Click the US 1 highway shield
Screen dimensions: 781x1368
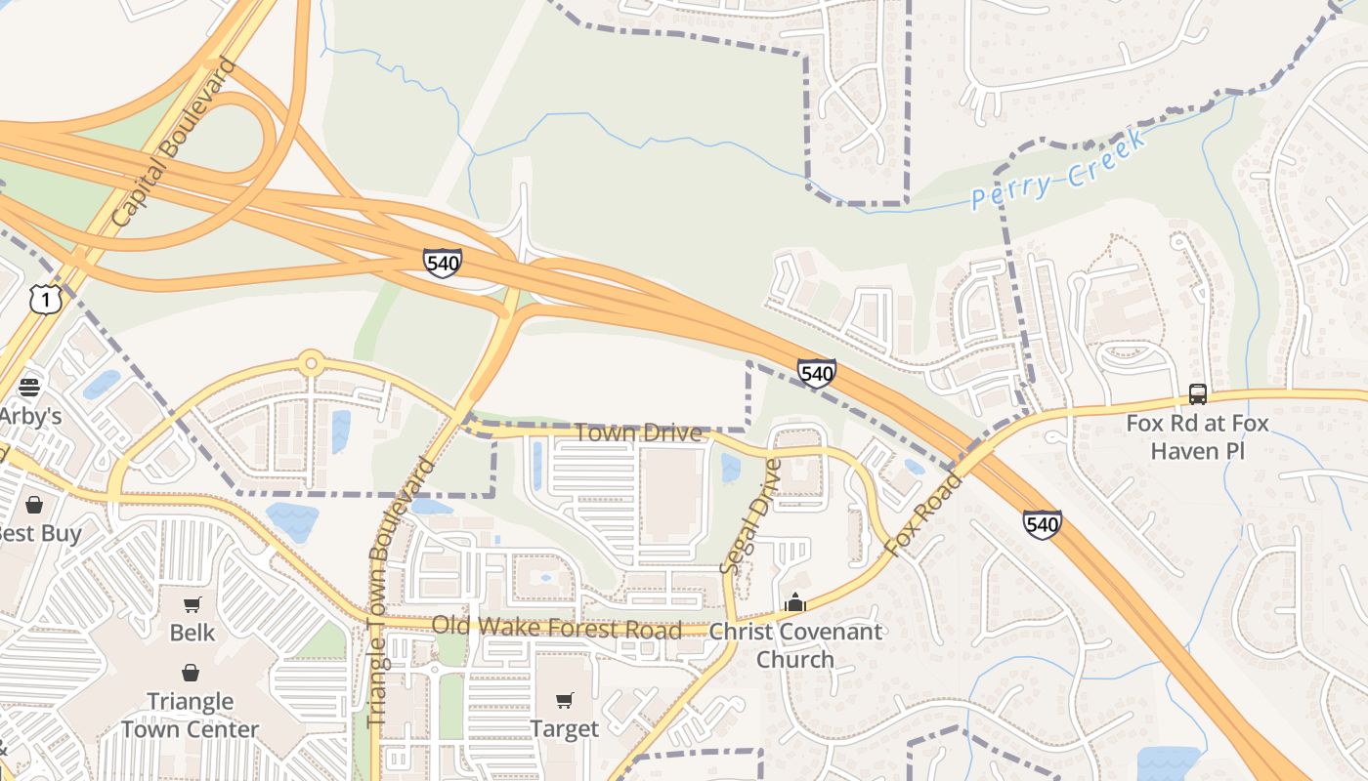pos(45,299)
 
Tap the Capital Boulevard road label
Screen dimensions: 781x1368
pos(175,144)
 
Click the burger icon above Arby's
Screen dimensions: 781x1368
pos(28,387)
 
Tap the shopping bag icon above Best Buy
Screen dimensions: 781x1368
pos(34,505)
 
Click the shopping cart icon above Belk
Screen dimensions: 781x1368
pos(192,604)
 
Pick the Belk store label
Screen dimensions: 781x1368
pos(192,633)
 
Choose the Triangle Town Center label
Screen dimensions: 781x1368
pos(190,715)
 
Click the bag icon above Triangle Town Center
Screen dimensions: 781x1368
pos(190,673)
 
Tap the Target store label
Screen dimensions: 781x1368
pos(564,728)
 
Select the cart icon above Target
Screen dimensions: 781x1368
pos(564,700)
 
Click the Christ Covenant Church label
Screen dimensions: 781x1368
pos(795,645)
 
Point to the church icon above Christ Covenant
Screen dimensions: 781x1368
pos(795,603)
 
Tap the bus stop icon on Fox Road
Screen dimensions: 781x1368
pos(1197,394)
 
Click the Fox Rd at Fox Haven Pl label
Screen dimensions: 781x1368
pos(1197,437)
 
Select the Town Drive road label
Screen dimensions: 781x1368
pos(637,432)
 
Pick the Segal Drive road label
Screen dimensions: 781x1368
pos(751,517)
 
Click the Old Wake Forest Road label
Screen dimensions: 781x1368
pos(556,627)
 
